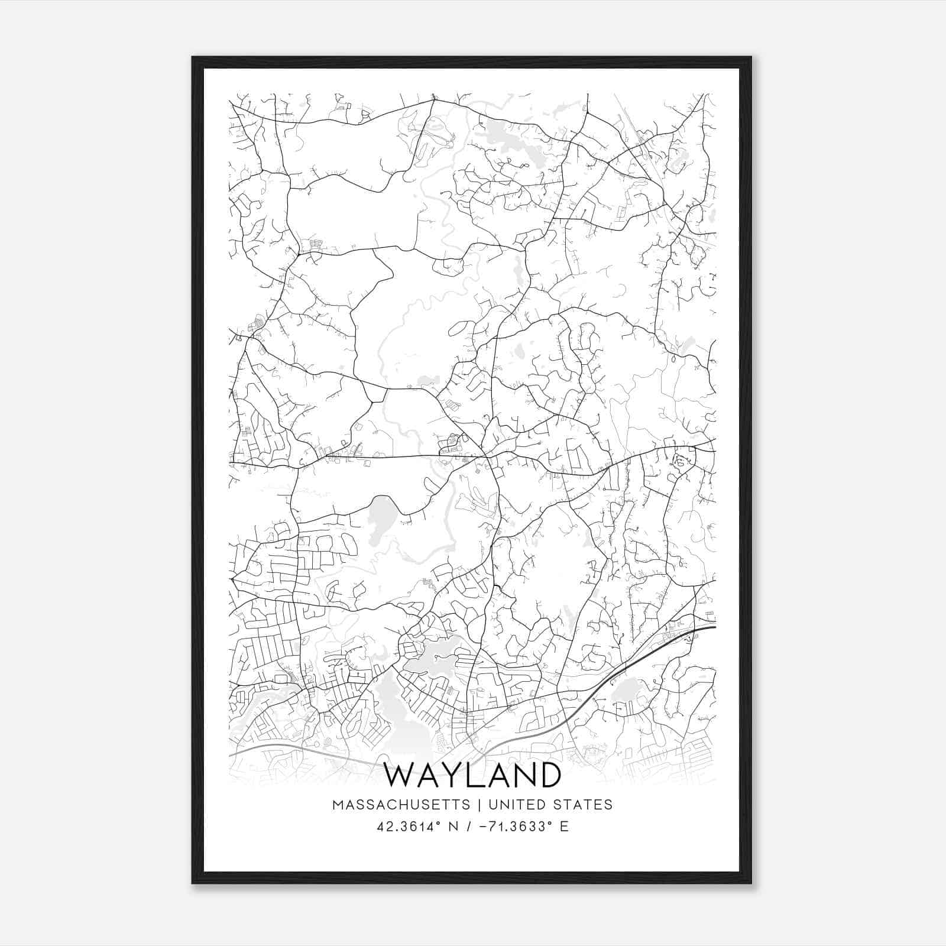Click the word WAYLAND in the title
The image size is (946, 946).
point(472,775)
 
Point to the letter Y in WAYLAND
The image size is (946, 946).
point(461,775)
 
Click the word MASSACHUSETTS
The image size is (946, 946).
point(401,805)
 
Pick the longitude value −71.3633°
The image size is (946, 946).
point(513,826)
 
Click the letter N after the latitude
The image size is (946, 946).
point(454,826)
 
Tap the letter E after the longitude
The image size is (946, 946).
point(564,826)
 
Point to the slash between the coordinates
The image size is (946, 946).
point(469,826)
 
